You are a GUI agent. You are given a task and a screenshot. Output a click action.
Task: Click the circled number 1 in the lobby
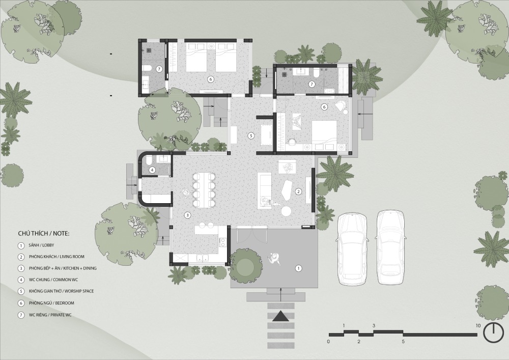tap(298, 268)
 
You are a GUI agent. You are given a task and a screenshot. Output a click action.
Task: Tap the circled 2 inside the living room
tap(298, 191)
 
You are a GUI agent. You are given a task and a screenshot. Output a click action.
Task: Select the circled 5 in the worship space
tap(250, 135)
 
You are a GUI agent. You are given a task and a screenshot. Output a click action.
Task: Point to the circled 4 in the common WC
tap(152, 170)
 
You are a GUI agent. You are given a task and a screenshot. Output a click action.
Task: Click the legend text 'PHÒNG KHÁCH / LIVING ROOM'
tap(56, 257)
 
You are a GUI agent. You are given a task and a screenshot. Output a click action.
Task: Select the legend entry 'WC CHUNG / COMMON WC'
tap(53, 280)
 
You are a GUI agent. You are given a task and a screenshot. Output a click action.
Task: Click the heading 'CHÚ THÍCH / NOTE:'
tap(44, 233)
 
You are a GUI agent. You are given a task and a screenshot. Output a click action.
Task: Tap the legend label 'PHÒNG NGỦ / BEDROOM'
tap(51, 303)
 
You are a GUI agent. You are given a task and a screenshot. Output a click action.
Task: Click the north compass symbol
tap(493, 333)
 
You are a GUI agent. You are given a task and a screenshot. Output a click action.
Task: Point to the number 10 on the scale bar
tap(477, 325)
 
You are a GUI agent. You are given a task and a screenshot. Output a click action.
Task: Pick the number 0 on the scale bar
tap(328, 342)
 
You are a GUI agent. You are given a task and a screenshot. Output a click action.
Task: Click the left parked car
tap(352, 248)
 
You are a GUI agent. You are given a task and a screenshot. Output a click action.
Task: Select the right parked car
tap(390, 247)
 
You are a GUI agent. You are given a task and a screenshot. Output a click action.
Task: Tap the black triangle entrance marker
tap(281, 316)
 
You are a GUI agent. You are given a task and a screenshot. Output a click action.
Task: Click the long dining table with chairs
tap(204, 189)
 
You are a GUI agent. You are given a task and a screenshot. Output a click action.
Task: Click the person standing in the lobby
tap(274, 259)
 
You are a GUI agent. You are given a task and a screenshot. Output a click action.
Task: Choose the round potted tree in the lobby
tap(246, 266)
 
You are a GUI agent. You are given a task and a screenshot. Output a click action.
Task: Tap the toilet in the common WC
tap(148, 160)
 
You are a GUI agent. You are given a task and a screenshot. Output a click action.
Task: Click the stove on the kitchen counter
tap(223, 241)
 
